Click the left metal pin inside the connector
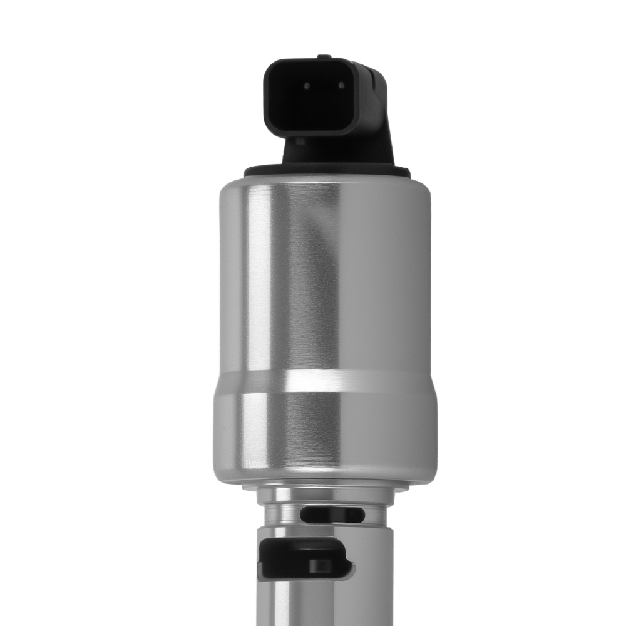[x=307, y=86]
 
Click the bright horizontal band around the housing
[x=326, y=381]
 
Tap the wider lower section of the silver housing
[x=326, y=432]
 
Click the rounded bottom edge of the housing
[x=326, y=479]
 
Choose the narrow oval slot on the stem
[x=332, y=515]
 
